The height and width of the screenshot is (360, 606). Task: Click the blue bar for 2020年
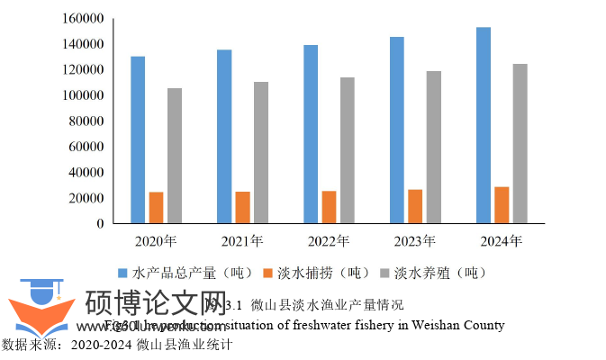(138, 139)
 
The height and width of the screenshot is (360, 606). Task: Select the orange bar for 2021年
(242, 207)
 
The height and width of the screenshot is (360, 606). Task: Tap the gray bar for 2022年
(348, 150)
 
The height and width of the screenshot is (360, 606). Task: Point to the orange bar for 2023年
(415, 206)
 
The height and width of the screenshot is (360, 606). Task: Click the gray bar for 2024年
(520, 143)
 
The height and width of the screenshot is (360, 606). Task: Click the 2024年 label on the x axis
(502, 241)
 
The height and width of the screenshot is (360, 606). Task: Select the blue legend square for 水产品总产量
(123, 272)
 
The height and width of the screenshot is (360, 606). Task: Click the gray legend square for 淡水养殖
(385, 272)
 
